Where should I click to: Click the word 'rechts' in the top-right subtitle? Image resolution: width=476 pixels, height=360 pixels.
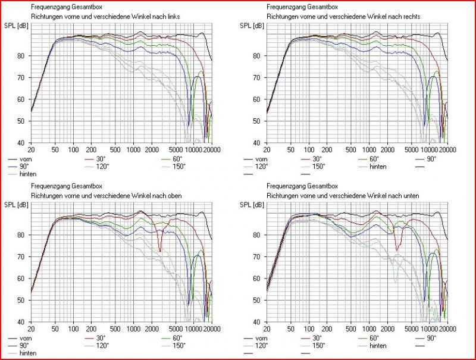coord(411,17)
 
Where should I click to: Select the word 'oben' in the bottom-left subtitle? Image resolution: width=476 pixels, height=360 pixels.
coord(172,196)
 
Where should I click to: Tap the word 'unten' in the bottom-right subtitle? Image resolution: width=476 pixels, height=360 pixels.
coord(410,196)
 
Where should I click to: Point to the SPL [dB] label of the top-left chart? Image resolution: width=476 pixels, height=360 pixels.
coord(15,26)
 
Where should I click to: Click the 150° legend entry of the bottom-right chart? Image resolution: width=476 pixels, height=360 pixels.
coord(320,345)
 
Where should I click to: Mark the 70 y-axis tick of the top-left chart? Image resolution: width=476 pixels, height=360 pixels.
coord(21,78)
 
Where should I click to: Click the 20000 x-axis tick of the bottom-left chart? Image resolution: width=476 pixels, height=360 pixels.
coord(203,328)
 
